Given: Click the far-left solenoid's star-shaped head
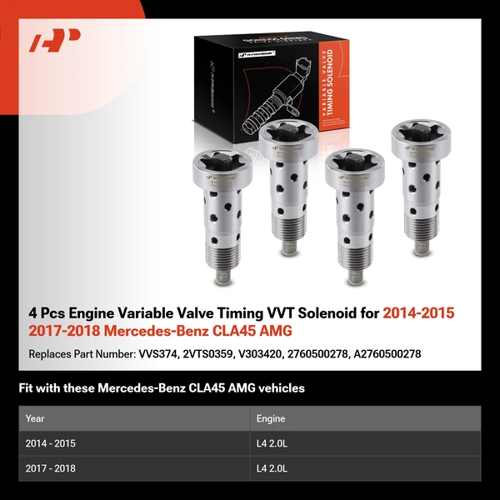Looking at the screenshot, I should (x=222, y=166).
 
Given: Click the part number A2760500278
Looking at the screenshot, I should (x=388, y=353).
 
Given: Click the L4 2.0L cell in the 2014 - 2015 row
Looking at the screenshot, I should (x=275, y=443).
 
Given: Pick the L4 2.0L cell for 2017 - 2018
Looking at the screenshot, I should (x=275, y=468).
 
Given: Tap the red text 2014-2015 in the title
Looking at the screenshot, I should (x=419, y=314).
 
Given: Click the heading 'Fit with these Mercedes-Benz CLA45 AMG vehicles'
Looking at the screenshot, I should (x=162, y=387).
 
